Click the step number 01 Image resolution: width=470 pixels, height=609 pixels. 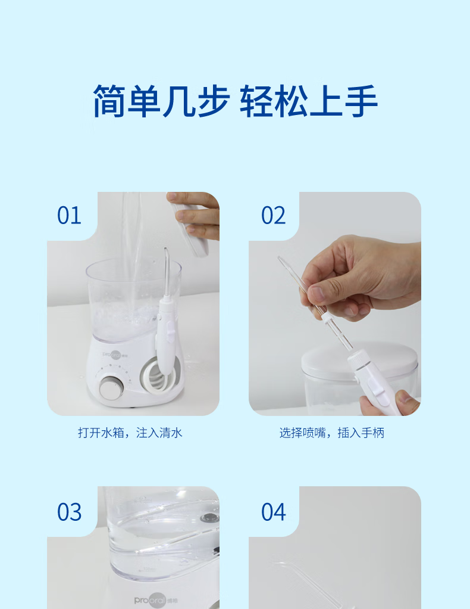[69, 215]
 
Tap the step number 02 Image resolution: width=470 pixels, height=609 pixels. [273, 215]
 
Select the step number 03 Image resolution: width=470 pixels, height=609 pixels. [70, 511]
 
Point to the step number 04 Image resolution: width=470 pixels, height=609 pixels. [274, 511]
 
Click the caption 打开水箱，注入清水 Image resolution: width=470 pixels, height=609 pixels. [130, 433]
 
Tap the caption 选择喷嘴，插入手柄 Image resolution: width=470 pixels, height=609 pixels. [331, 433]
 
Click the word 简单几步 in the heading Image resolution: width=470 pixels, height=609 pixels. [161, 101]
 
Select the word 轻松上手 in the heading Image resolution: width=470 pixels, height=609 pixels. [309, 101]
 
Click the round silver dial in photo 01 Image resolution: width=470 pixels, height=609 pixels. [111, 387]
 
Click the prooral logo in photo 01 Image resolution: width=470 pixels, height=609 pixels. [115, 354]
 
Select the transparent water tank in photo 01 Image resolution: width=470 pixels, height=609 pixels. [133, 299]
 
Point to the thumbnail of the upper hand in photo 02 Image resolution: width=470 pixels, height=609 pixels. [318, 294]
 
